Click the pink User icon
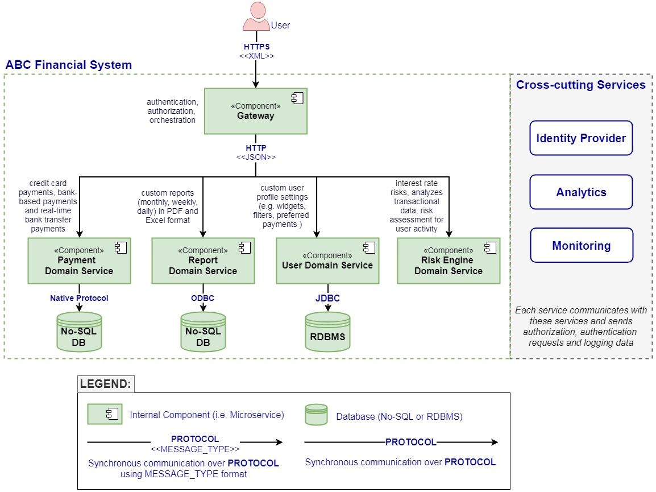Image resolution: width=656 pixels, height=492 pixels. [256, 16]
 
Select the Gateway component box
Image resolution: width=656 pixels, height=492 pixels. [256, 111]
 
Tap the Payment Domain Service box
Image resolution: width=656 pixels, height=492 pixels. [79, 261]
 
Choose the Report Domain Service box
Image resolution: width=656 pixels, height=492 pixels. [203, 261]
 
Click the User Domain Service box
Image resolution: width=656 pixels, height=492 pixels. [327, 261]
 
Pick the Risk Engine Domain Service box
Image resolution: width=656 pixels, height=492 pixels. [449, 261]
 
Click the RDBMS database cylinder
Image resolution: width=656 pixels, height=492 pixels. [327, 332]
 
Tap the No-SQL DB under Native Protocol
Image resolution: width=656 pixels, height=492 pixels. [79, 332]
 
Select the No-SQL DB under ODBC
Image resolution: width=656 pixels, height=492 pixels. [203, 332]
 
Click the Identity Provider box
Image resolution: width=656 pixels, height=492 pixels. [581, 138]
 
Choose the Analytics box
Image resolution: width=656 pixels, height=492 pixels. [581, 192]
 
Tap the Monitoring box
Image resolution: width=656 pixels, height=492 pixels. [582, 245]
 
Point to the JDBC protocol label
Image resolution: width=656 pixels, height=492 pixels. [327, 298]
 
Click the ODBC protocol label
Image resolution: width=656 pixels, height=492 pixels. [202, 298]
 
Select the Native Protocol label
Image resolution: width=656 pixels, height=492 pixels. [79, 298]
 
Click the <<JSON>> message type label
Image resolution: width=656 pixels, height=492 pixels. [256, 158]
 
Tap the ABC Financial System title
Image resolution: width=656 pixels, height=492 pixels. [69, 65]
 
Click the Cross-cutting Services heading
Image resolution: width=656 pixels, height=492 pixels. [581, 85]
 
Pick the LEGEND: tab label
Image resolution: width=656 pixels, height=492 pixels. [105, 384]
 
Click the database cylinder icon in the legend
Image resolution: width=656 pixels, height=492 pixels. [316, 415]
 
